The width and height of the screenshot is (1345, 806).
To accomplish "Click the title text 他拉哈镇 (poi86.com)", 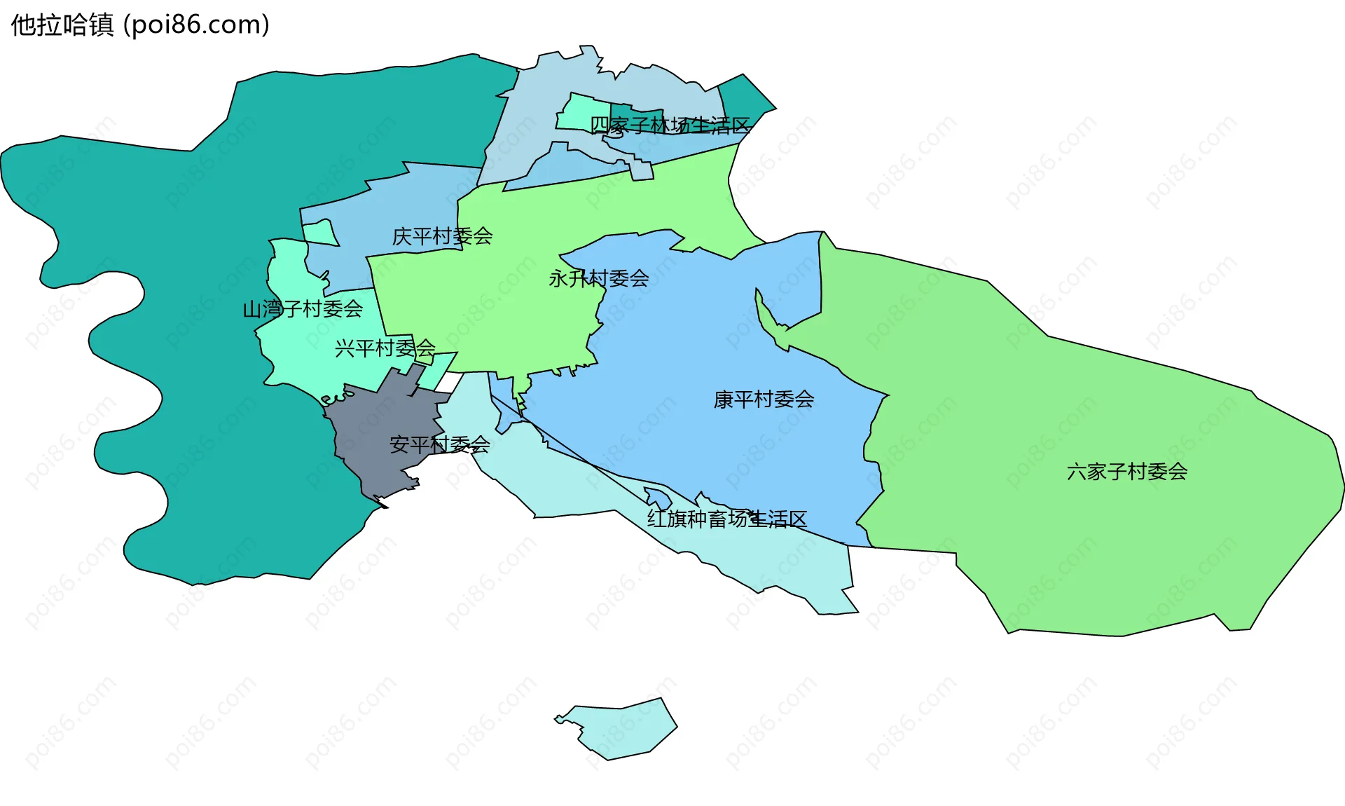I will point(140,25).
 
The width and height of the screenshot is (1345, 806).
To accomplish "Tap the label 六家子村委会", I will point(1126,472).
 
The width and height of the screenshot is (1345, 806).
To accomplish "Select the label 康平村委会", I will point(764,399).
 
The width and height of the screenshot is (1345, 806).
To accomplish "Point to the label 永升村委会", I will point(598,279).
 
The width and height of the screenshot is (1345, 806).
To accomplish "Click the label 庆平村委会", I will point(442,236).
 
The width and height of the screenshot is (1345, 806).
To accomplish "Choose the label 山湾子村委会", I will point(303,308).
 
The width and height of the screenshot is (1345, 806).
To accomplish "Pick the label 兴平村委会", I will point(385,348).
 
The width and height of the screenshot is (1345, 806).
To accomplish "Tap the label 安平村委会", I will point(439,444).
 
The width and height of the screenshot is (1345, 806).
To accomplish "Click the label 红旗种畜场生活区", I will point(726,519).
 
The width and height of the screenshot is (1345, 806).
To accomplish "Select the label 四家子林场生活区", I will point(670,125).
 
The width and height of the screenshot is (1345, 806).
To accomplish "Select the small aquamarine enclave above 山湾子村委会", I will point(320,233).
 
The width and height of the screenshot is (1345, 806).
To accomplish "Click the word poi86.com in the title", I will point(196,25).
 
